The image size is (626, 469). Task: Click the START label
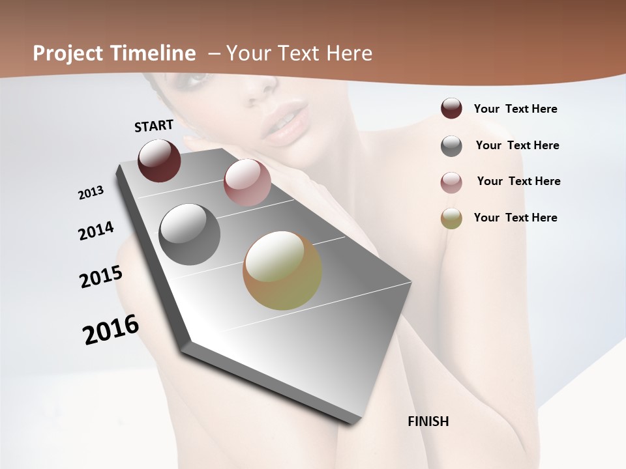154,126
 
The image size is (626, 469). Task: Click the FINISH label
428,421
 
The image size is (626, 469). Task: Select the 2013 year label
91,193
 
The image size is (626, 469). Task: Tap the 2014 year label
96,231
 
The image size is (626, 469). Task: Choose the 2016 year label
111,329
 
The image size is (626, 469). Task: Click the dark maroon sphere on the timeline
159,160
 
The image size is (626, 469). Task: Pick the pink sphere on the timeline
247,182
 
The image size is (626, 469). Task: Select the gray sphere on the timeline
190,234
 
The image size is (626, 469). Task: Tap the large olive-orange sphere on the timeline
282,270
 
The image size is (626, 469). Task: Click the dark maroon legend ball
451,109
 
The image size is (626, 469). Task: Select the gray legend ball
451,146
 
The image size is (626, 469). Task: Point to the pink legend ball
451,182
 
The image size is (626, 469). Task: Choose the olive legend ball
451,218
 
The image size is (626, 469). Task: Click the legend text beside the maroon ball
515,109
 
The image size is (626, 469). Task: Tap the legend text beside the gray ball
517,145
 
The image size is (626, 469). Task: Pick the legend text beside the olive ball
515,218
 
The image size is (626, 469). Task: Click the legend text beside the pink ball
518,181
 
